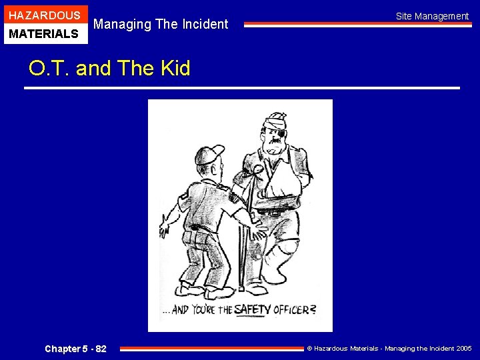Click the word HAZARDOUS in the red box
44,15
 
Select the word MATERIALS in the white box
44,33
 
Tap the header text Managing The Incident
161,25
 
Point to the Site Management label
432,16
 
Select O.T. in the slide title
49,68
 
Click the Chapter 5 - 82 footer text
75,349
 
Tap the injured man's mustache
273,148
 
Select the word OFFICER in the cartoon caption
294,310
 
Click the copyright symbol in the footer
309,349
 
